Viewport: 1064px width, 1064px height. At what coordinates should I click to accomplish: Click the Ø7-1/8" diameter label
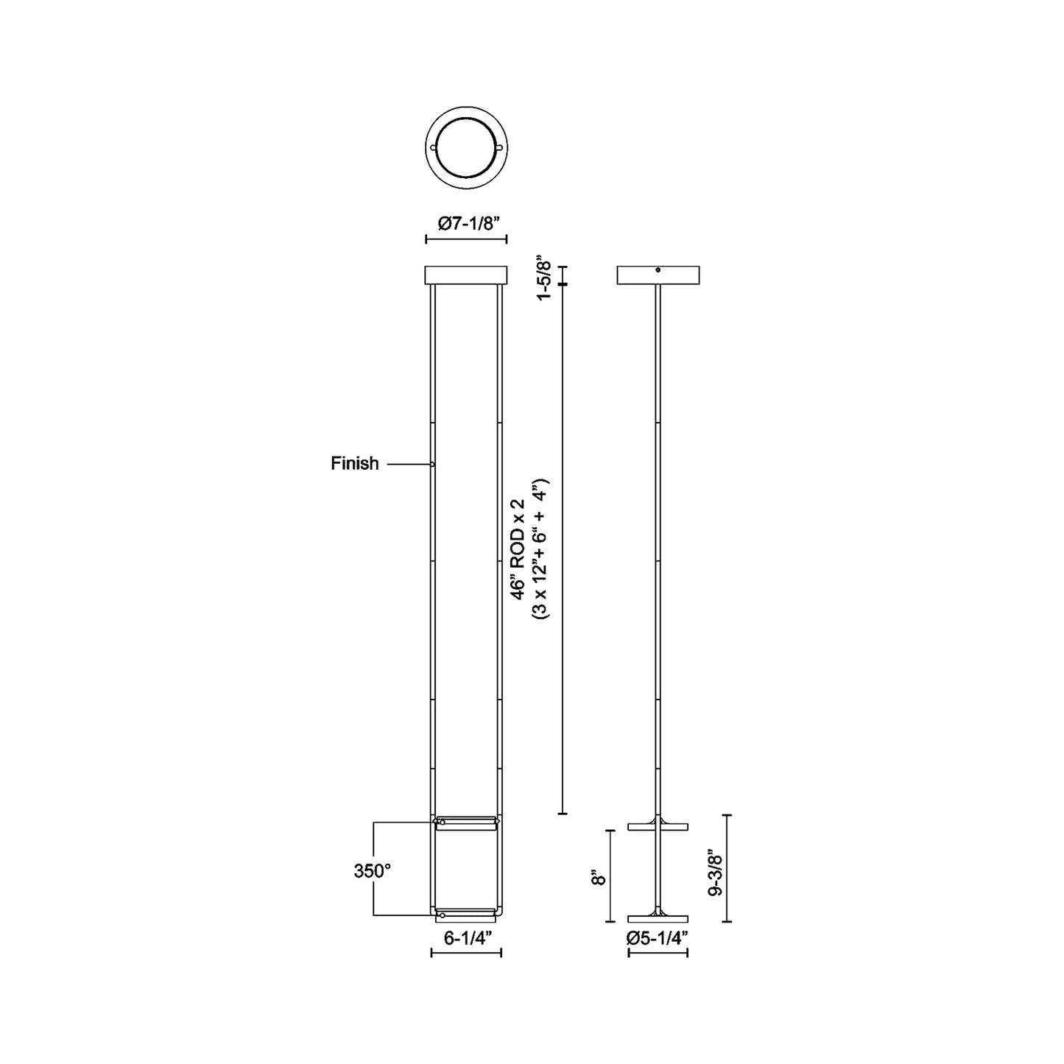point(466,224)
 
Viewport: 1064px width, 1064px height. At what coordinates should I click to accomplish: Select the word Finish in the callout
point(355,463)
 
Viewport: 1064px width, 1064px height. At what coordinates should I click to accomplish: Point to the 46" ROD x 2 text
point(518,548)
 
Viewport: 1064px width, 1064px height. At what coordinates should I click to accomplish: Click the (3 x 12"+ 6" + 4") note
point(540,549)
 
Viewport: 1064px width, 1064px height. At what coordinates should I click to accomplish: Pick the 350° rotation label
point(372,871)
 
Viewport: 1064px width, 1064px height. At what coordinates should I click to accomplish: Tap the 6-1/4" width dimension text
point(467,937)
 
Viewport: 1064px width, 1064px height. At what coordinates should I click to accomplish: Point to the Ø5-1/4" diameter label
point(658,937)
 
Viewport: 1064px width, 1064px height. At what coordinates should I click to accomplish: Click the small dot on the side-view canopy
point(658,269)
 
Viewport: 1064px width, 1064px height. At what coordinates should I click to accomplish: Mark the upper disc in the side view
point(658,826)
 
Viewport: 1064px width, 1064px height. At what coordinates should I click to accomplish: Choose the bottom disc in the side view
point(658,918)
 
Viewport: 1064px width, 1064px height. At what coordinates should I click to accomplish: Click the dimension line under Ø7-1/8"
point(466,239)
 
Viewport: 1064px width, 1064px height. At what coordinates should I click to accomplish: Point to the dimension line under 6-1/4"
point(466,953)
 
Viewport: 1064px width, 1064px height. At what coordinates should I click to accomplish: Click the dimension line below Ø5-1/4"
point(658,953)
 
